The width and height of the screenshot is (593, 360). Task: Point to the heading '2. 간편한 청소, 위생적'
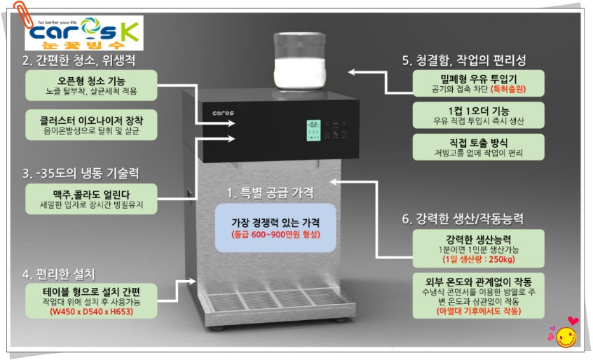tap(79, 60)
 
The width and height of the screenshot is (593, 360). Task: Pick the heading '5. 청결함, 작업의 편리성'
tap(463, 60)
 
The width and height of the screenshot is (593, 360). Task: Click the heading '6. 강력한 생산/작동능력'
tap(463, 219)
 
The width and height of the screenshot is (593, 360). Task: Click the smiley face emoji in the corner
tap(565, 337)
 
